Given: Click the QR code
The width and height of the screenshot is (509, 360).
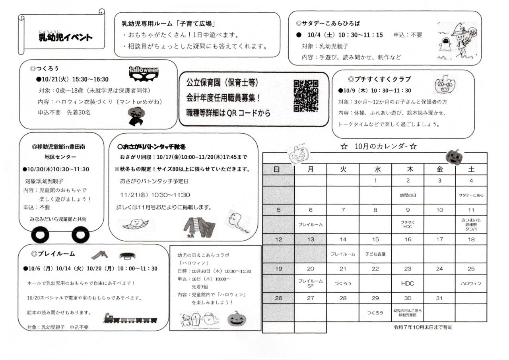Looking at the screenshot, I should pyautogui.click(x=306, y=96).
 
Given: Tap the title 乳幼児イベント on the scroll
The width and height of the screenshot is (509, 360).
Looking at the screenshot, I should pyautogui.click(x=65, y=37).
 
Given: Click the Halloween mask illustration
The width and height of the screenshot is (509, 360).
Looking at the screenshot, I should pyautogui.click(x=144, y=74).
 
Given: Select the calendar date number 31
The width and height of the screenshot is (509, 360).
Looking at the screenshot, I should pyautogui.click(x=439, y=298).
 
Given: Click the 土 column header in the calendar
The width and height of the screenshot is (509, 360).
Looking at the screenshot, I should pyautogui.click(x=471, y=169).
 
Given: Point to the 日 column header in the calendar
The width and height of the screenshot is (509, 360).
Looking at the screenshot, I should pyautogui.click(x=278, y=169).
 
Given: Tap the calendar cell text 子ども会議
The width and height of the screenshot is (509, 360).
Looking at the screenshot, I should pyautogui.click(x=375, y=254).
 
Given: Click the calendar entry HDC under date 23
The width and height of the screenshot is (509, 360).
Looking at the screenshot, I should pyautogui.click(x=408, y=283).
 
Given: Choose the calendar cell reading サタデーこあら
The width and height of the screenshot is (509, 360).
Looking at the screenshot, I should pyautogui.click(x=471, y=195).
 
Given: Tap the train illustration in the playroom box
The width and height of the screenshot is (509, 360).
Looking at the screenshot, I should pyautogui.click(x=132, y=318).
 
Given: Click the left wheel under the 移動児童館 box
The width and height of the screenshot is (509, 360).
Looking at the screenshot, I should pyautogui.click(x=40, y=235).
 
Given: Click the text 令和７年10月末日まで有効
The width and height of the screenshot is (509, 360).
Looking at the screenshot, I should pyautogui.click(x=423, y=327).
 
